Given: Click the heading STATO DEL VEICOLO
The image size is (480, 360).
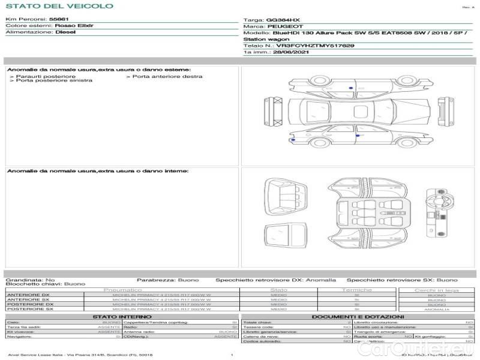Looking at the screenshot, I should (x=59, y=6).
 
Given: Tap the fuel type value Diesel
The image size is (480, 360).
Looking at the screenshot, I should (x=65, y=32).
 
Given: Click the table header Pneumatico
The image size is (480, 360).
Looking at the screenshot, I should (x=123, y=290).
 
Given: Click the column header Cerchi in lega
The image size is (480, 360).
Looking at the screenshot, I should (x=436, y=290).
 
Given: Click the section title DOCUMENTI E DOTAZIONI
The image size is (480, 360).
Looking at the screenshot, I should (x=358, y=316).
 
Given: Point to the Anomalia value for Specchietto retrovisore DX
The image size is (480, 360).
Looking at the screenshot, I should (x=321, y=280).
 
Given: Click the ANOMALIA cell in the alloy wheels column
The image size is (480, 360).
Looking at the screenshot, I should (x=436, y=309).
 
